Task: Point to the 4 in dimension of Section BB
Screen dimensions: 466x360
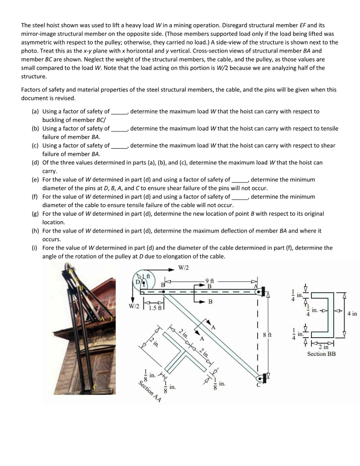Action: pos(352,314)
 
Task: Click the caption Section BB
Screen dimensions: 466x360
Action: pos(321,354)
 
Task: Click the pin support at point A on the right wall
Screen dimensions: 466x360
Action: pos(263,290)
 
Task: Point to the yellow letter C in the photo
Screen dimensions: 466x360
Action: pos(95,387)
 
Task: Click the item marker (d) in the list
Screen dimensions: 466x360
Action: pos(35,162)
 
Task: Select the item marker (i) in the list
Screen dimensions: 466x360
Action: pos(35,248)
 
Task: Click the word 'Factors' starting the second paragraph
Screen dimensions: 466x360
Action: pos(31,90)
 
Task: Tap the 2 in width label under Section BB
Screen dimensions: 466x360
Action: pos(324,347)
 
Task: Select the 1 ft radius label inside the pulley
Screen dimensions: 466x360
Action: pos(145,277)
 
